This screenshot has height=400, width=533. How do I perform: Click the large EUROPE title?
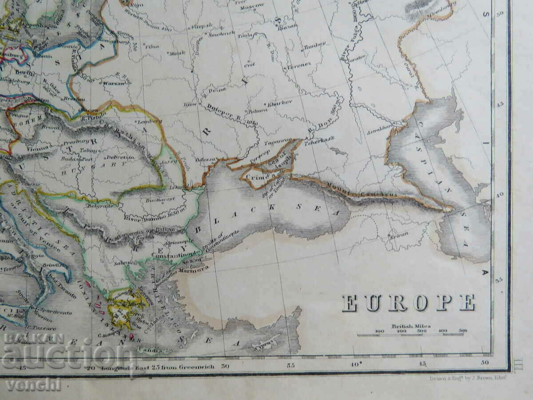click(408, 303)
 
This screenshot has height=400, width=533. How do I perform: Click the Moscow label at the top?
click(255, 5)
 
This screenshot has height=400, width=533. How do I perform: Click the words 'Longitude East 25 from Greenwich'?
click(158, 367)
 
